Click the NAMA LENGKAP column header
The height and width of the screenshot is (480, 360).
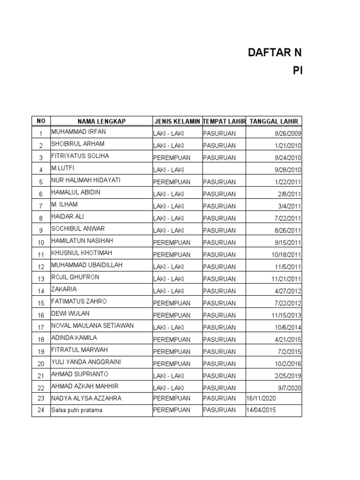(101, 121)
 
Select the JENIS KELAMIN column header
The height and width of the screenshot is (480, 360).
(177, 121)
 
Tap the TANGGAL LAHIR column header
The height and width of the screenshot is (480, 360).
(275, 121)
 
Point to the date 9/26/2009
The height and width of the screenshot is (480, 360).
(288, 134)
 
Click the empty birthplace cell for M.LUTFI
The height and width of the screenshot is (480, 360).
(224, 170)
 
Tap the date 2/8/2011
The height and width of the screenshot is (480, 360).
(291, 194)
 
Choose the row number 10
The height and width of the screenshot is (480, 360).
(41, 243)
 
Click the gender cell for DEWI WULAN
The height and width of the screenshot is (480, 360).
(172, 315)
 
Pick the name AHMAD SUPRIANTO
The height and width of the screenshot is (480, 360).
(80, 374)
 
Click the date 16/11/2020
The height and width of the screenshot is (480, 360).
(261, 398)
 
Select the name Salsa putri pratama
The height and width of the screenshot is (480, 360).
(77, 411)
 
